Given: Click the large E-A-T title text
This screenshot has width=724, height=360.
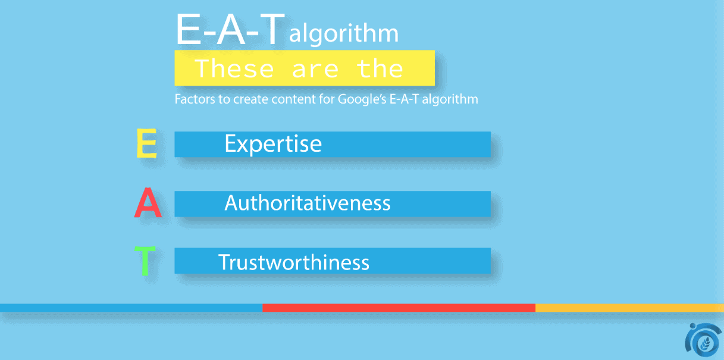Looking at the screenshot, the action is pos(230,29).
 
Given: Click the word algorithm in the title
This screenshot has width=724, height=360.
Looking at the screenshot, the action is pos(344,34).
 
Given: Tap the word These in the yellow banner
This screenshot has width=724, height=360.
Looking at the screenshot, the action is pos(235,68).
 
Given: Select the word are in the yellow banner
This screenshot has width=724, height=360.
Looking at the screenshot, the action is pos(315,70).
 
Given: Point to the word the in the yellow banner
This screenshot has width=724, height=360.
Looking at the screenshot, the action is pos(380,68).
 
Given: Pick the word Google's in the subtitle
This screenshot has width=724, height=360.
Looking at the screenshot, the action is pos(362,99).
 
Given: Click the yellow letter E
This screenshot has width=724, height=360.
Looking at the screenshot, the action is pos(147,143).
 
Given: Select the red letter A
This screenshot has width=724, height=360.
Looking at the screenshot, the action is pos(148,202).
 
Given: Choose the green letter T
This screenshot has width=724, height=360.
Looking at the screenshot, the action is pos(145,261).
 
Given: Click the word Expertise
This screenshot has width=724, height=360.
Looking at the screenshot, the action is pos(273,144).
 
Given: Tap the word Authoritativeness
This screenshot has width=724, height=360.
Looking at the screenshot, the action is pos(308,203).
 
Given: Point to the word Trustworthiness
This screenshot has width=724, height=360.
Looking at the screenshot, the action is pos(294,262).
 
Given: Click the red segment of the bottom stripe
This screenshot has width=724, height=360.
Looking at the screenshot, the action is pos(399,308).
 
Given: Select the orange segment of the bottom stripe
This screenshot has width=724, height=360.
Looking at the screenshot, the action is pos(629,308).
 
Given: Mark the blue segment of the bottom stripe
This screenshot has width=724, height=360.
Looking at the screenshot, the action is pos(131,308).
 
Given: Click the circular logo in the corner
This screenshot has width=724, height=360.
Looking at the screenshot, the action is pos(703,340).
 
